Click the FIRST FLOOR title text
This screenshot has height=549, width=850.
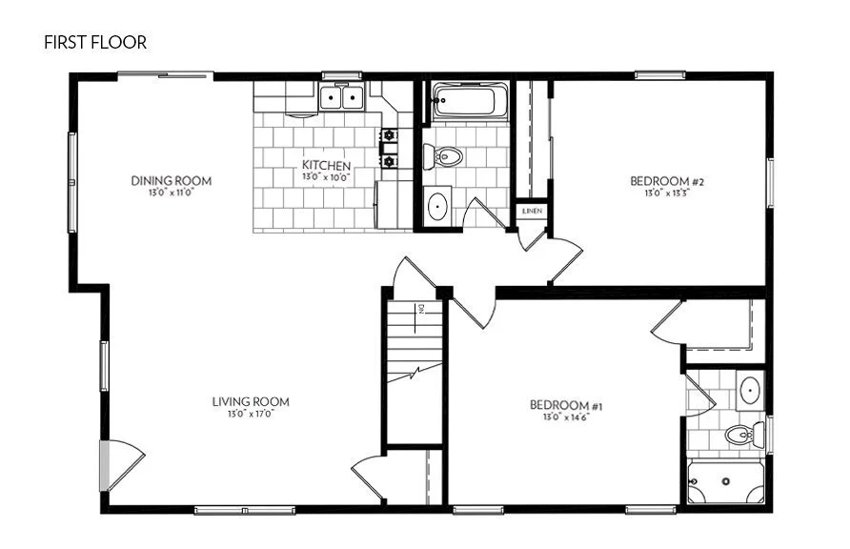point(94,43)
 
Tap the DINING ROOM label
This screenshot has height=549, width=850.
point(172,181)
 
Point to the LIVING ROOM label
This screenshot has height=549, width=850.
point(251,402)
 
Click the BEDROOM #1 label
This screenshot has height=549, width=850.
point(566,406)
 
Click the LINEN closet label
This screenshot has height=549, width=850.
point(531,211)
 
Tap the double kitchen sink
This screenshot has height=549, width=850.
point(341,97)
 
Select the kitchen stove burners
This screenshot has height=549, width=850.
point(389,148)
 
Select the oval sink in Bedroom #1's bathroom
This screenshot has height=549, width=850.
point(750,389)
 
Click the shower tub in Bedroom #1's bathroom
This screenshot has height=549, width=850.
point(724,482)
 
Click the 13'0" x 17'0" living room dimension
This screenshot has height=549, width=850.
point(251,415)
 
